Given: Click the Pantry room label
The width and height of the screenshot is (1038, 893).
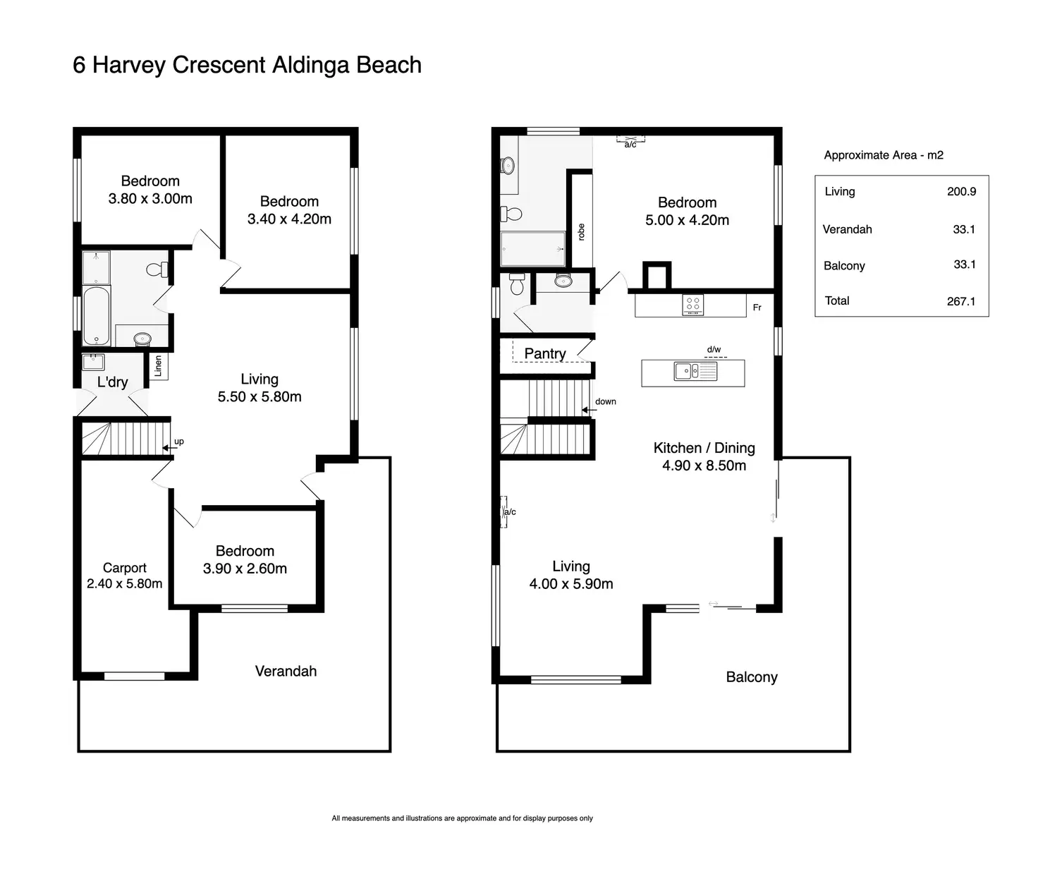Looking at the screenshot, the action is coord(545,353).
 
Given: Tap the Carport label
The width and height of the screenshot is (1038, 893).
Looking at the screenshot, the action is coord(125,568).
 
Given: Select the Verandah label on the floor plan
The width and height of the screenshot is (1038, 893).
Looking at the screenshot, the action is coord(286,671).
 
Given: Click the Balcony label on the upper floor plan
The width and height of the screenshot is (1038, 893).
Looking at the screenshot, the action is coord(752,677).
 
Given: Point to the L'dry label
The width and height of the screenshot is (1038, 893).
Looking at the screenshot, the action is coord(113,382).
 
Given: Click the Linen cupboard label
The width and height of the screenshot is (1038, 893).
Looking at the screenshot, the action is coord(158,365).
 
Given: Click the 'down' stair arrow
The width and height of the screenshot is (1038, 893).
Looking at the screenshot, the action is coord(589,410).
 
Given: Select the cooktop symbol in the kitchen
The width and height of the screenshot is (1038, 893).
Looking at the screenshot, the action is coord(693,305).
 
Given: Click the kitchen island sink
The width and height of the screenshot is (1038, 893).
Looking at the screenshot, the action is coord(695,372).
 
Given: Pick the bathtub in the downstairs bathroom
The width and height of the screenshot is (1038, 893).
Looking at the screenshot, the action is coord(97,315).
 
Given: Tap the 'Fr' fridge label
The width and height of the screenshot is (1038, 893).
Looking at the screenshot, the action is coord(757,308).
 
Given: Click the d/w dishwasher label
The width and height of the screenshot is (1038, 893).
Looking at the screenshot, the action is coord(714,350).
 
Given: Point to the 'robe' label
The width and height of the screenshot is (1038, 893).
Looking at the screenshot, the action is coord(581,232).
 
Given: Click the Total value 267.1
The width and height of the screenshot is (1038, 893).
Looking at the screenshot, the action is coord(961,301).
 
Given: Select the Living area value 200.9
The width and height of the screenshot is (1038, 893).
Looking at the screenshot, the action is coord(962,191).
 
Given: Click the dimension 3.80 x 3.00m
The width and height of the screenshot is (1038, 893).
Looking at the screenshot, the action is coord(150,198).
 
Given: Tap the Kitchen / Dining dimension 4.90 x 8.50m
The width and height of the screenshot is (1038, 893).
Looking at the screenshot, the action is coord(704,466).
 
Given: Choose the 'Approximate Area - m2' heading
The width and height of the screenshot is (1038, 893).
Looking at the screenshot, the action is coord(884,155).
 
